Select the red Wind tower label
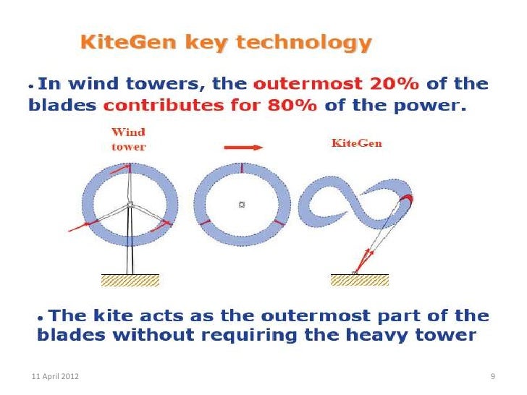(128, 139)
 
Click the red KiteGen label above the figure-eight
(356, 143)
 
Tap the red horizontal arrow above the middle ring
(243, 147)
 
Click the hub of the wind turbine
(130, 205)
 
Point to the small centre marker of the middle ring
(242, 205)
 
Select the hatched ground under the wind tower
(130, 280)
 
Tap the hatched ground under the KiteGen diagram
(360, 280)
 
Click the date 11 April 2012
(56, 377)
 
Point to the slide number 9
(492, 377)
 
